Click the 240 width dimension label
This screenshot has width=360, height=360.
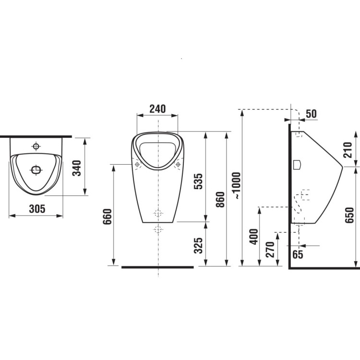157,109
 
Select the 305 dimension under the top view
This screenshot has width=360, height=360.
37,209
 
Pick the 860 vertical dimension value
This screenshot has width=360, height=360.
220,199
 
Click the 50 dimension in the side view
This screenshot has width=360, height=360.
311,114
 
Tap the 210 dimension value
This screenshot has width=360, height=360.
348,149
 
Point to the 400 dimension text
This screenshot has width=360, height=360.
254,237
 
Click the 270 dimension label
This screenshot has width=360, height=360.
270,250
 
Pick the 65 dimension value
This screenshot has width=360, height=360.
298,254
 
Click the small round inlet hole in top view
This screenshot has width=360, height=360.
36,145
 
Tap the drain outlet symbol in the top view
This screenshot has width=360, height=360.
36,169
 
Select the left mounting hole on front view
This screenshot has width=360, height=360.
138,165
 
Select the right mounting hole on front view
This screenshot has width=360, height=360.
178,165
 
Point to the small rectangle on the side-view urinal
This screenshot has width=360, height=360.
298,165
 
